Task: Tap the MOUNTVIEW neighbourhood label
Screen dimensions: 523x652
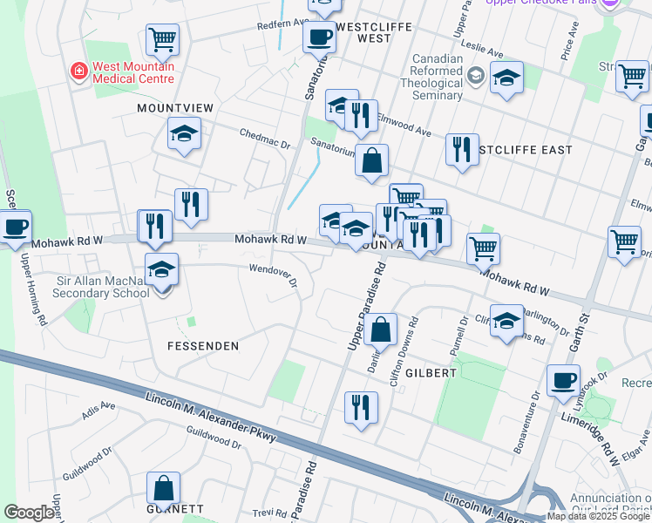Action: point(175,107)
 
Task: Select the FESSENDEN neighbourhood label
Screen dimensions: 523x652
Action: point(203,346)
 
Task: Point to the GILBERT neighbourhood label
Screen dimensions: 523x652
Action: point(430,372)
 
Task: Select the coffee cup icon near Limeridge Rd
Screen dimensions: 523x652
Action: point(563,380)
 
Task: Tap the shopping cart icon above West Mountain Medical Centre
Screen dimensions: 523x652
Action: point(162,38)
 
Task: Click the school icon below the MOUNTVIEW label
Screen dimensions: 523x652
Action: point(184,133)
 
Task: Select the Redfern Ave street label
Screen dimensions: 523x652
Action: point(283,24)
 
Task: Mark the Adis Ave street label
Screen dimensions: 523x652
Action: point(98,407)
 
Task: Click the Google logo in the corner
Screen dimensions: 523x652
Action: point(29,513)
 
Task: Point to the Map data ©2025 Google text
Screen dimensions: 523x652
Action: point(598,516)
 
